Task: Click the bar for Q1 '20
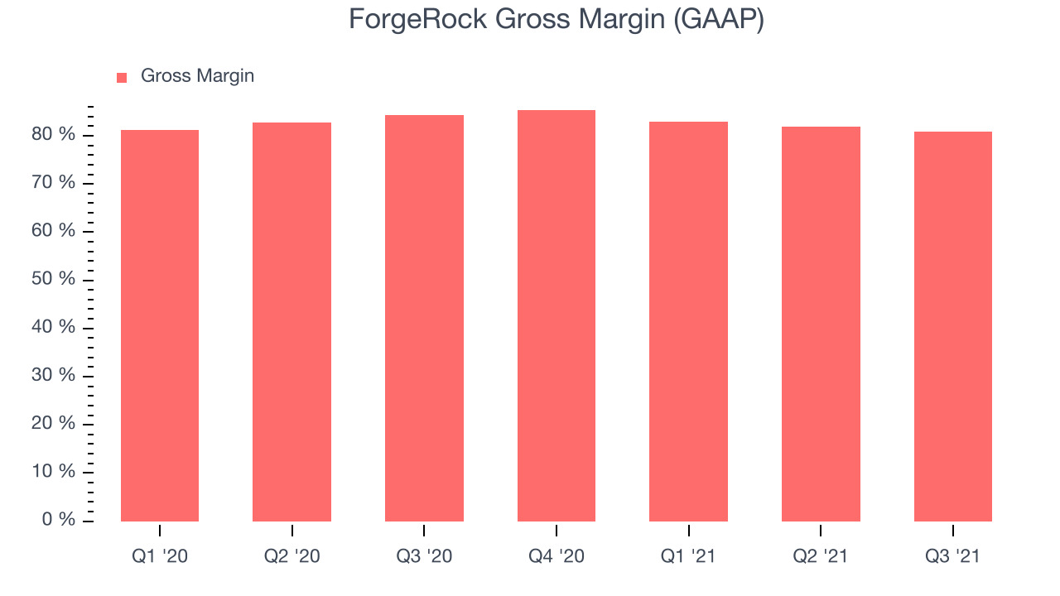coord(160,325)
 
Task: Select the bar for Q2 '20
coord(292,322)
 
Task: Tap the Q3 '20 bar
coord(425,318)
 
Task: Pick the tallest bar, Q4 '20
coord(556,315)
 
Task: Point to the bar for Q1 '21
coord(688,322)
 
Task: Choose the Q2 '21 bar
coord(821,324)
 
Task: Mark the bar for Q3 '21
coord(953,326)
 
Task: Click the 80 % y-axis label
coord(54,134)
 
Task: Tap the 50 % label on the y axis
coord(54,279)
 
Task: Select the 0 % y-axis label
coord(59,519)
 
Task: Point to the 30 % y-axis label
coord(54,375)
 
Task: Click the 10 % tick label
coord(54,471)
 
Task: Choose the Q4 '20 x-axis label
coord(556,556)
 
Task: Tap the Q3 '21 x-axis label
coord(952,556)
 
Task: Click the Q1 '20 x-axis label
coord(160,556)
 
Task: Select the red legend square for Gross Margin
coord(122,78)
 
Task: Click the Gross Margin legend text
coord(198,76)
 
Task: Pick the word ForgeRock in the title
coord(418,20)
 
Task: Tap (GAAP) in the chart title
coord(719,20)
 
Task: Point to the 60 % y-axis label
coord(54,230)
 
